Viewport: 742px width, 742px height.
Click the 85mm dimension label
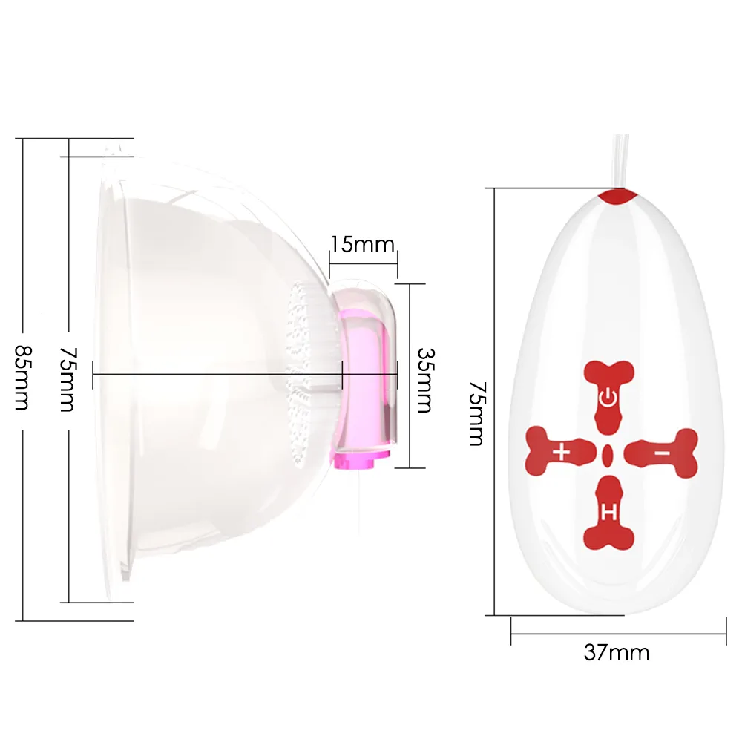[x=22, y=378]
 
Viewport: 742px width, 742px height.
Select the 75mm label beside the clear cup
[x=68, y=378]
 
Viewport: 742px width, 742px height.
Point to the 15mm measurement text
[x=363, y=243]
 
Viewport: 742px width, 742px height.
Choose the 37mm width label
[x=617, y=652]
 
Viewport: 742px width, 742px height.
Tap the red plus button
[x=562, y=450]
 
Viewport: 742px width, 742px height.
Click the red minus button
[x=661, y=450]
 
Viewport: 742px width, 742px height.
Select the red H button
[x=608, y=510]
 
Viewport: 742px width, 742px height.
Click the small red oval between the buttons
[x=608, y=452]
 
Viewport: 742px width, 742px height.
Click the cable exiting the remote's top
[x=620, y=160]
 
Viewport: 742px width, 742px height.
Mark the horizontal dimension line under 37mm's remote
[x=617, y=634]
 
